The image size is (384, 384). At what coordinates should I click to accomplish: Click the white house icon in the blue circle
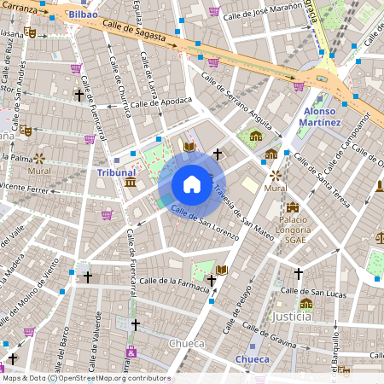(192, 184)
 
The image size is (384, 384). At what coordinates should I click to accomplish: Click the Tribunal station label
(116, 172)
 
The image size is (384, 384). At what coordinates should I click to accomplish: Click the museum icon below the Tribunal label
(129, 183)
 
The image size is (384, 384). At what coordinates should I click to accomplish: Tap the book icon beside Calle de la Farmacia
(222, 270)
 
